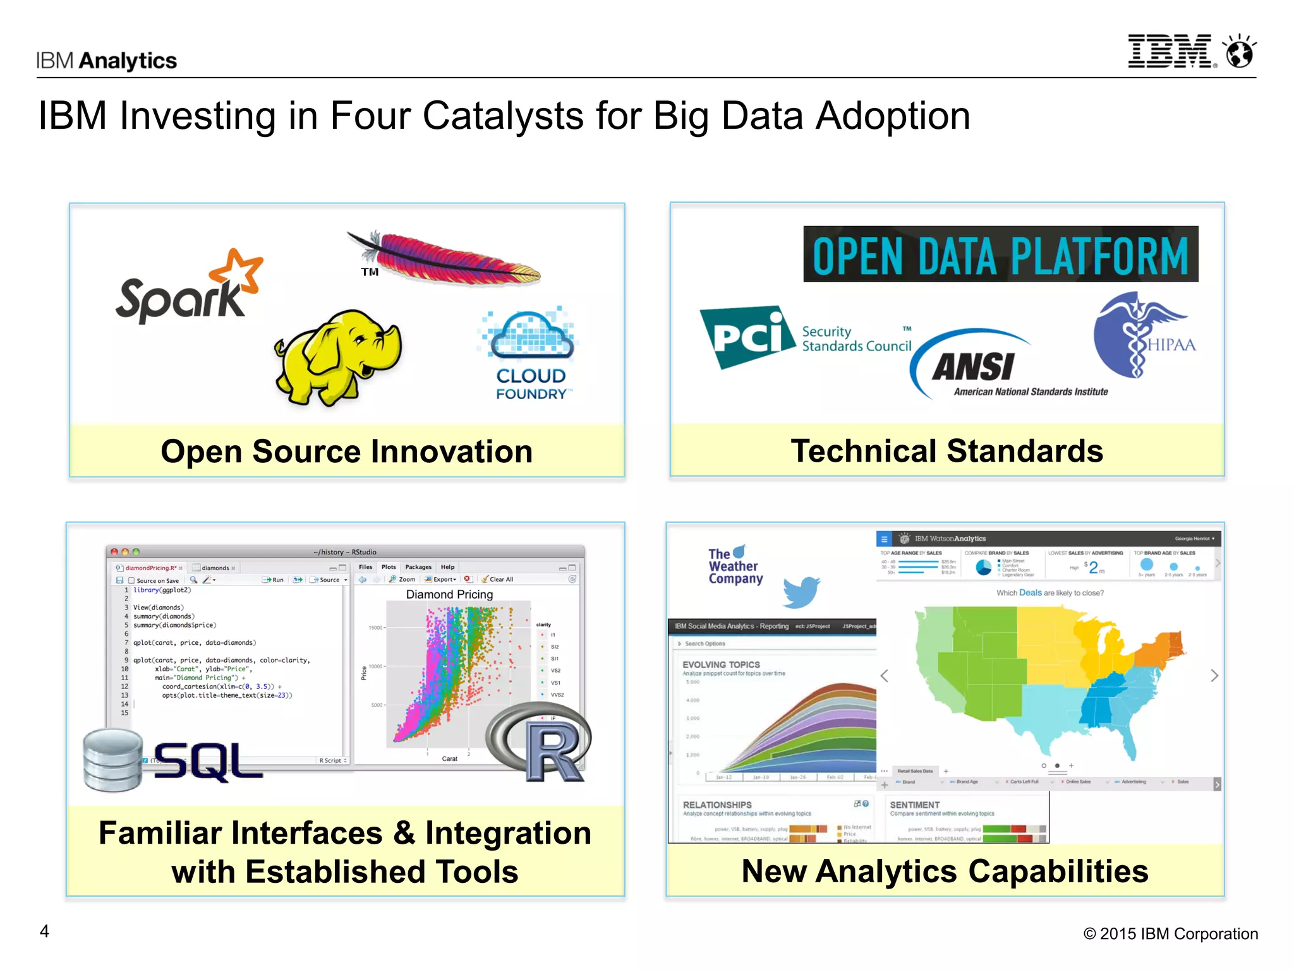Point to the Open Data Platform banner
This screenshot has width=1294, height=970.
(x=1000, y=254)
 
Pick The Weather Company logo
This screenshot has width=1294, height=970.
(x=734, y=566)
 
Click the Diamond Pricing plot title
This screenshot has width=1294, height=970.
(x=449, y=594)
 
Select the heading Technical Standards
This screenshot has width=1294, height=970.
(x=946, y=451)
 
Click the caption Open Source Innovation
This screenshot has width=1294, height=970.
(x=346, y=452)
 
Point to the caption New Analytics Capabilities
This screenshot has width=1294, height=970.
(x=945, y=871)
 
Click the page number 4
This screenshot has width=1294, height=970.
(x=44, y=931)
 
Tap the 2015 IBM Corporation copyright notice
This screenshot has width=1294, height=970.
(x=1170, y=933)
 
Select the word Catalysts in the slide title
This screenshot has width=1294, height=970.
(x=532, y=116)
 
